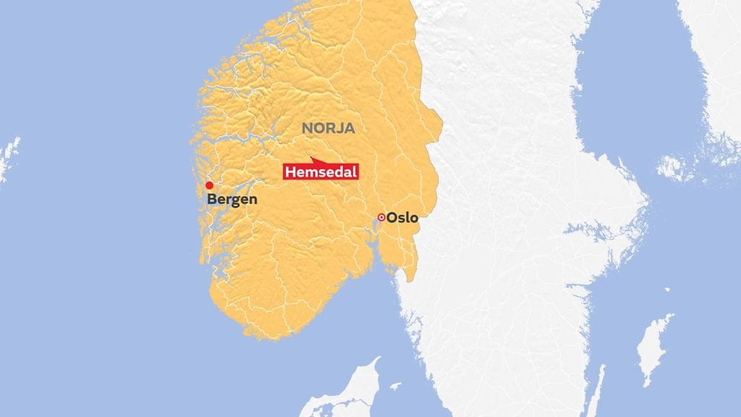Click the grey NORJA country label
tap(328, 129)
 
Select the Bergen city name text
tap(232, 199)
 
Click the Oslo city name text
tap(402, 217)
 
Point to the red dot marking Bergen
tap(209, 185)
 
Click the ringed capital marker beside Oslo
tap(381, 217)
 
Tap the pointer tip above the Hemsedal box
tap(310, 157)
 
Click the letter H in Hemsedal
tap(290, 172)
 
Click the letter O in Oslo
tap(392, 217)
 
